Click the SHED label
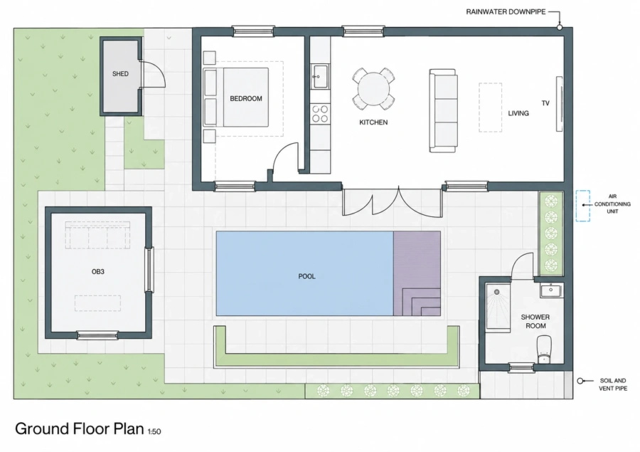[120, 74]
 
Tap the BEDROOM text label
[246, 98]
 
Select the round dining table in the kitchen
[373, 89]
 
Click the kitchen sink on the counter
[319, 76]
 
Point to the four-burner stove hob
[320, 114]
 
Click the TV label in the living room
[545, 103]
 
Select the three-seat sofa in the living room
[443, 111]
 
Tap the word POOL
[307, 277]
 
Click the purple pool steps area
[417, 273]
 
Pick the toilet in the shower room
[544, 349]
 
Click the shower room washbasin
[551, 290]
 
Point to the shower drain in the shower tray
[497, 293]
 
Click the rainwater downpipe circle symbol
[560, 27]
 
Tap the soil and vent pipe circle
[580, 381]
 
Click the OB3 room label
[98, 272]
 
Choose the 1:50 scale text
[154, 431]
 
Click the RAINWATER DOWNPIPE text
[506, 12]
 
